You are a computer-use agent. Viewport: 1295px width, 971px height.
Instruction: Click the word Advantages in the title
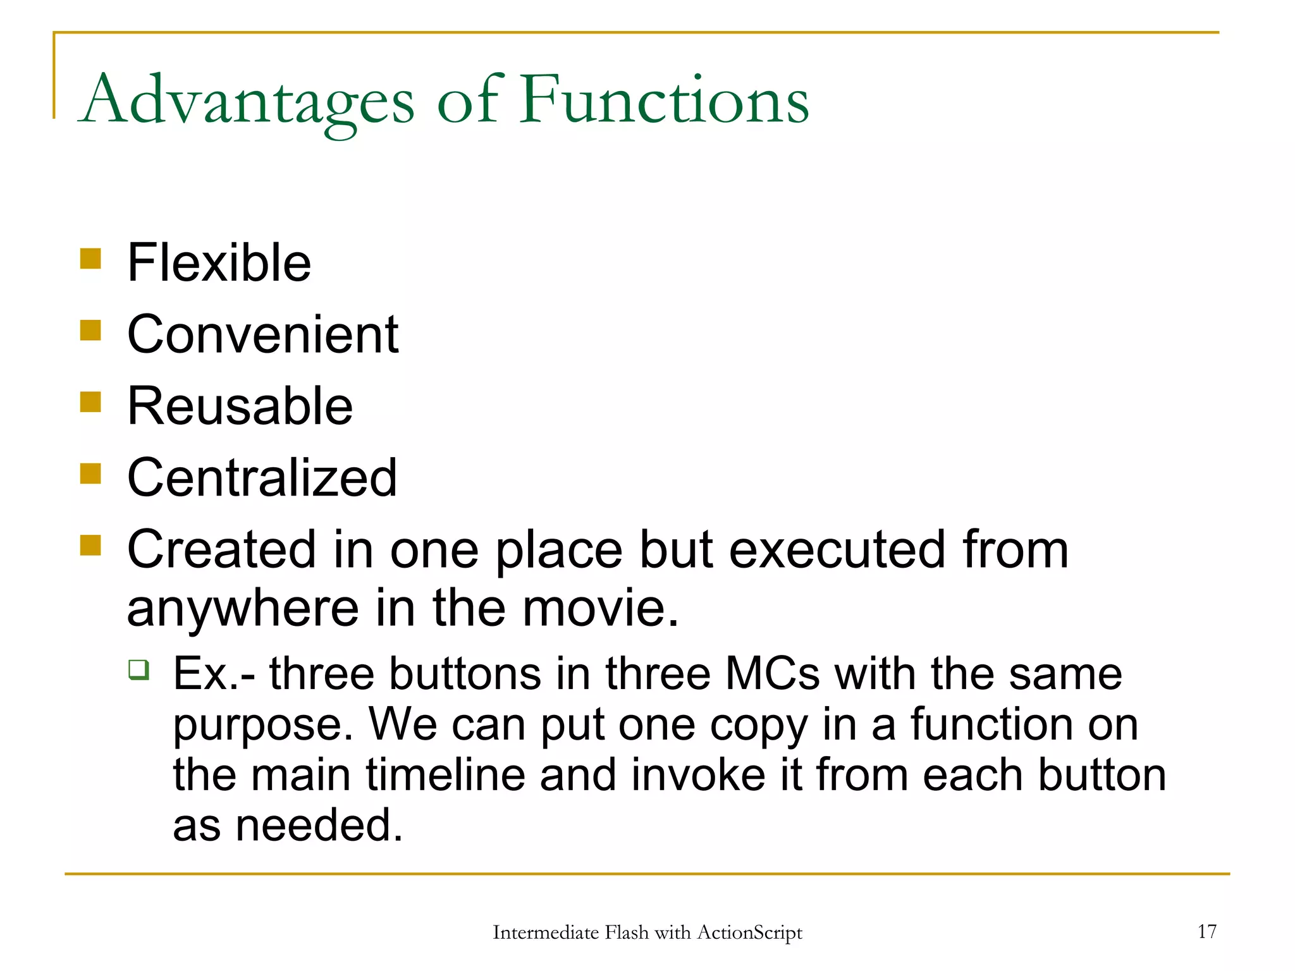coord(248,101)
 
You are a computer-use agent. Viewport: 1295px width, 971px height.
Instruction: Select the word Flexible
coord(219,263)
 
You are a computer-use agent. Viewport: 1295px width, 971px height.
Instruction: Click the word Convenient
coord(262,334)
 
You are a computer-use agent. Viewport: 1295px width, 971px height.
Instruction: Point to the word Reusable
coord(240,406)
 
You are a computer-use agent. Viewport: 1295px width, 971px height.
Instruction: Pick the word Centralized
coord(262,478)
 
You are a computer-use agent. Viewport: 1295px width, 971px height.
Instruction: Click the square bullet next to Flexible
coord(90,259)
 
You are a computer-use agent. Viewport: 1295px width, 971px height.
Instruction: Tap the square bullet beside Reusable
coord(90,401)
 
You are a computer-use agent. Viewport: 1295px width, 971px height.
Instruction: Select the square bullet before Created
coord(90,545)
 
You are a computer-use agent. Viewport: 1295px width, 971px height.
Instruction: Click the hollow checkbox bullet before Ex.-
coord(138,669)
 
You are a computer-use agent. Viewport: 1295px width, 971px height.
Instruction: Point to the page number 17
coord(1206,931)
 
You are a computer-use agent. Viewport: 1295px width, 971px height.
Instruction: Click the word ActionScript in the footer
coord(749,932)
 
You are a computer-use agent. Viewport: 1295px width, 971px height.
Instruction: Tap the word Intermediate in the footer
coord(545,932)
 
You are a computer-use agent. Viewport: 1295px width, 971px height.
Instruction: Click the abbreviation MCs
coord(772,674)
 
